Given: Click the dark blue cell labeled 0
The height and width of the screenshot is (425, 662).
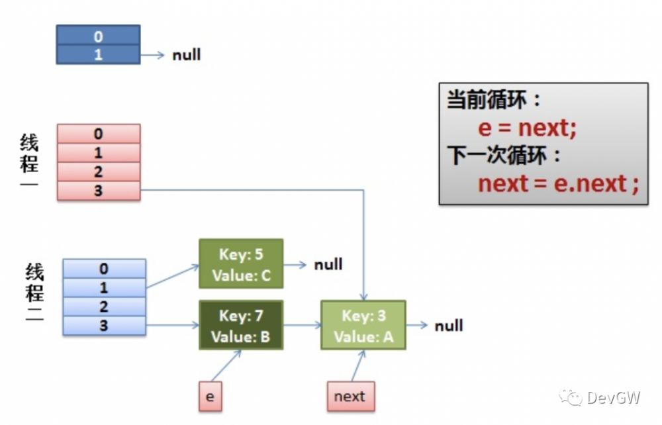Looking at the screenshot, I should pyautogui.click(x=98, y=35).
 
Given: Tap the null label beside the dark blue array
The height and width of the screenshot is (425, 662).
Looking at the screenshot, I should pyautogui.click(x=186, y=55).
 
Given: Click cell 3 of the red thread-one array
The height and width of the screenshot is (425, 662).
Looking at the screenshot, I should pyautogui.click(x=99, y=191).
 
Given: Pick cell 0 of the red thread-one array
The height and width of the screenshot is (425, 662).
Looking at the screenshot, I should pyautogui.click(x=99, y=134).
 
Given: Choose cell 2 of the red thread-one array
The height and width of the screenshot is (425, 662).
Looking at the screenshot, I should pyautogui.click(x=99, y=172).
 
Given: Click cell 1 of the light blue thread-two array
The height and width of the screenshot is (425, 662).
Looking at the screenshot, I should pyautogui.click(x=104, y=288).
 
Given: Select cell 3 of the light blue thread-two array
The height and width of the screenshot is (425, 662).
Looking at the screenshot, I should pyautogui.click(x=104, y=326).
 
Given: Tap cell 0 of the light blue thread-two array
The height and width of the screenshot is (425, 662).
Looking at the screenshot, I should pyautogui.click(x=104, y=269).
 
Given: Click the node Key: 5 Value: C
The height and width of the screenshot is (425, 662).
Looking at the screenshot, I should pyautogui.click(x=241, y=264).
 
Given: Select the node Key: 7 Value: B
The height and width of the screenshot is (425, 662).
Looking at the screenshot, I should pyautogui.click(x=241, y=326).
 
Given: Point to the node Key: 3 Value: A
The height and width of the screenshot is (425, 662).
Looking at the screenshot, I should pyautogui.click(x=363, y=326).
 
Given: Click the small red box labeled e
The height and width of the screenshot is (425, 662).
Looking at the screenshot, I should pyautogui.click(x=210, y=397).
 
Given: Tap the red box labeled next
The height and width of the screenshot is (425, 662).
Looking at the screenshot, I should pyautogui.click(x=350, y=397).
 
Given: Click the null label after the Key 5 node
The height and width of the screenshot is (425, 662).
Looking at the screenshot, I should pyautogui.click(x=328, y=265).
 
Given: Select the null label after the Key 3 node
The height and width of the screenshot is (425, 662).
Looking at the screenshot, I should pyautogui.click(x=448, y=326).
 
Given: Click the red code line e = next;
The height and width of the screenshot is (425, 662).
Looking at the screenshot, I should pyautogui.click(x=527, y=127).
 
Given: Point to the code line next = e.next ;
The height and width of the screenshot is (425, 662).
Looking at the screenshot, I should pyautogui.click(x=558, y=183).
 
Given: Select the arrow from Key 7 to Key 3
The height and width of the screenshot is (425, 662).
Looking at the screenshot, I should pyautogui.click(x=302, y=326).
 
